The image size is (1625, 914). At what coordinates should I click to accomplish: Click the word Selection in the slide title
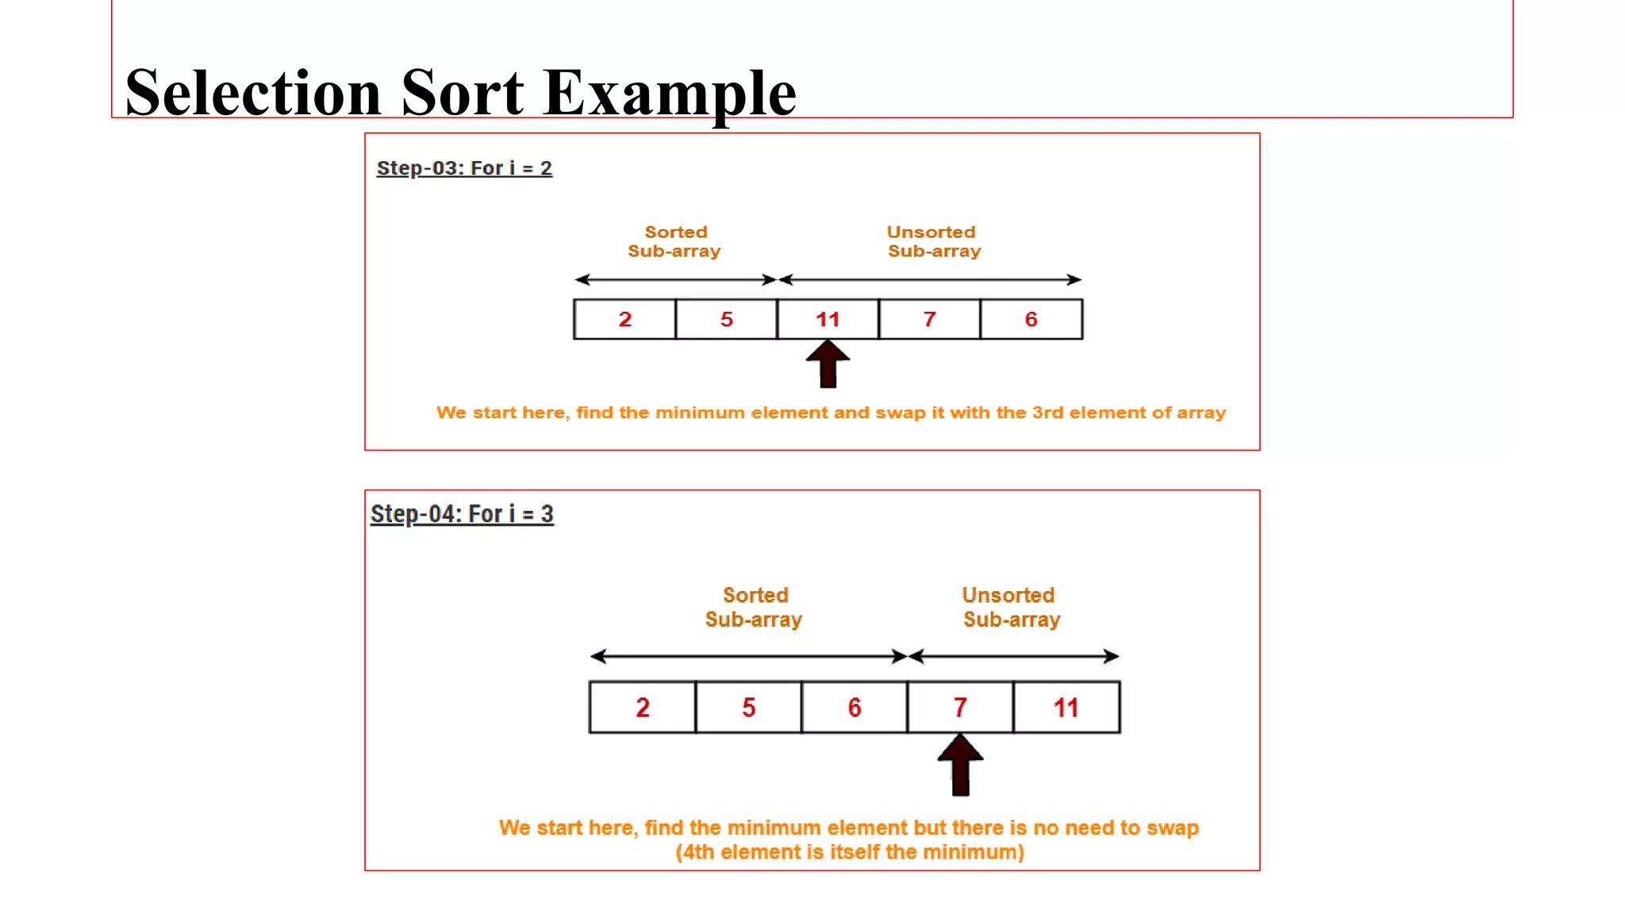click(253, 93)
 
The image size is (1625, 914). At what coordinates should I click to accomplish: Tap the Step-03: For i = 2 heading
click(464, 168)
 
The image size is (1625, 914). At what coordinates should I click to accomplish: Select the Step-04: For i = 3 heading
click(462, 514)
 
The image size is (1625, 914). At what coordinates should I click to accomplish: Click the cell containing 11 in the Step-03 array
click(828, 319)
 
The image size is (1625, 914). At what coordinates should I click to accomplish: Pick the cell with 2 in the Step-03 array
click(624, 319)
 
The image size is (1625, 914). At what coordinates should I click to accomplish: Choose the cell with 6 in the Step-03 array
click(1031, 319)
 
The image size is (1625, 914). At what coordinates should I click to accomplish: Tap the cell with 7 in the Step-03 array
click(929, 319)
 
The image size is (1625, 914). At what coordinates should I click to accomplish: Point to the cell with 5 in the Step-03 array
click(726, 319)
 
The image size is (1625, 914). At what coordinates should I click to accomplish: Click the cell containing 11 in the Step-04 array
click(1066, 707)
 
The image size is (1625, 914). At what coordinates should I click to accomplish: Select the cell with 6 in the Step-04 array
click(854, 707)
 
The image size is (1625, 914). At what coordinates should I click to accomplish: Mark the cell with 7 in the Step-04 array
click(960, 707)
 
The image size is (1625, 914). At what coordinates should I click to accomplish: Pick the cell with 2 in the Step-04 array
click(642, 707)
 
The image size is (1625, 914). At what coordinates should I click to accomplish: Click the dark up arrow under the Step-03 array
click(828, 364)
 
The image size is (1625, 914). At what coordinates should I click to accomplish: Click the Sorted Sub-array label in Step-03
click(674, 241)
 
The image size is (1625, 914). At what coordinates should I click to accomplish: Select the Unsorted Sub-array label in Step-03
click(933, 241)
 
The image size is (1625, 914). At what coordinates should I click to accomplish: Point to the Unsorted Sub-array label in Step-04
click(1010, 607)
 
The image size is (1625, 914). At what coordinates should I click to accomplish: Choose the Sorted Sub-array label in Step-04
click(754, 607)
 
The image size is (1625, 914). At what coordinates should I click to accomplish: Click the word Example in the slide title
click(670, 93)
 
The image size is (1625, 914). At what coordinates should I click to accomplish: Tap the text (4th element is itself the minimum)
click(849, 852)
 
